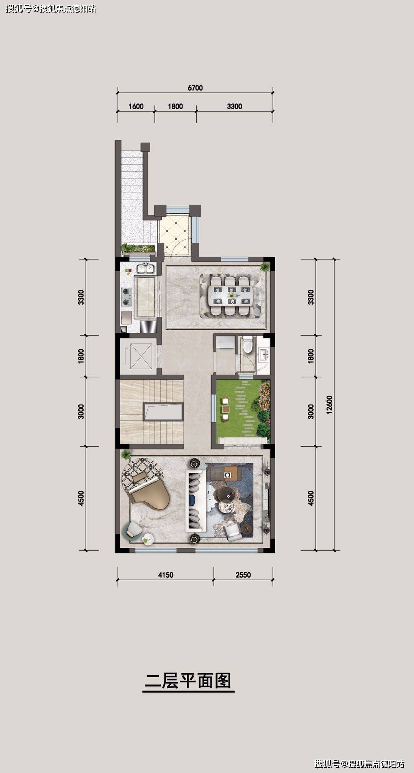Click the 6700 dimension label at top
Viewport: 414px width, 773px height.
pos(195,88)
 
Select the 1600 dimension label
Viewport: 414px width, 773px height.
pos(136,106)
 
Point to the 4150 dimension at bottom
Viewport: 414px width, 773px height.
pos(166,575)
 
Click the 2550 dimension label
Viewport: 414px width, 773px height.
pos(243,575)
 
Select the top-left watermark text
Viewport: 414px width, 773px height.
pos(51,8)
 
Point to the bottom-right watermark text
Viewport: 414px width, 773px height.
pos(359,764)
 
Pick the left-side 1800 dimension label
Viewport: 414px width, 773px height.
pos(81,356)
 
